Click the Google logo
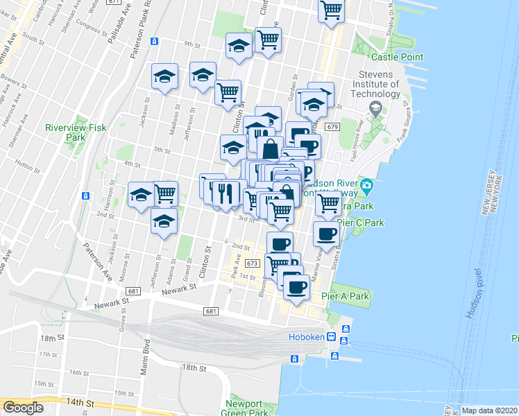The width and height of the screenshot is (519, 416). point(23,407)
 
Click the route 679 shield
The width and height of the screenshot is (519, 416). point(331,127)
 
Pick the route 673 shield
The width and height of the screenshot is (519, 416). point(252,263)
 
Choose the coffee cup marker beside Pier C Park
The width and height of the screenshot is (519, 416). point(325,234)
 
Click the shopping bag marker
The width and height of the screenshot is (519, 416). point(270,148)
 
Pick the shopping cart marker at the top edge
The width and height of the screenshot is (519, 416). point(332,10)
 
